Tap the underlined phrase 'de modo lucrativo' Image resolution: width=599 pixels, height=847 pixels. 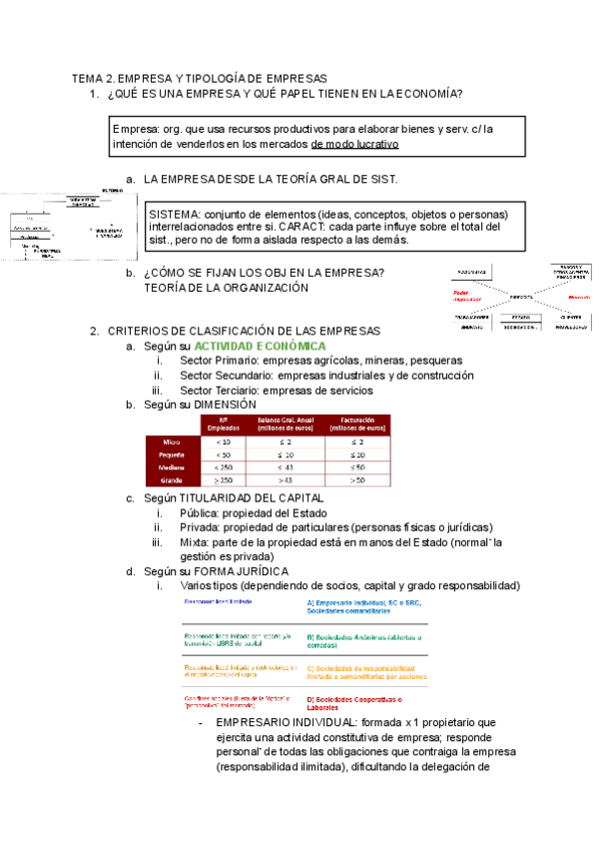tap(354, 144)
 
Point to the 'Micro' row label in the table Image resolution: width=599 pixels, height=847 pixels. tap(172, 440)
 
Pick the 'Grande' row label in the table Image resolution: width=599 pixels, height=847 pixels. tap(172, 479)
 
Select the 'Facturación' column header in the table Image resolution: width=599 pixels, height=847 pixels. tap(356, 423)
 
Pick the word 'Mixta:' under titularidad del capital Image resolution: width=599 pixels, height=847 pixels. tap(197, 542)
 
